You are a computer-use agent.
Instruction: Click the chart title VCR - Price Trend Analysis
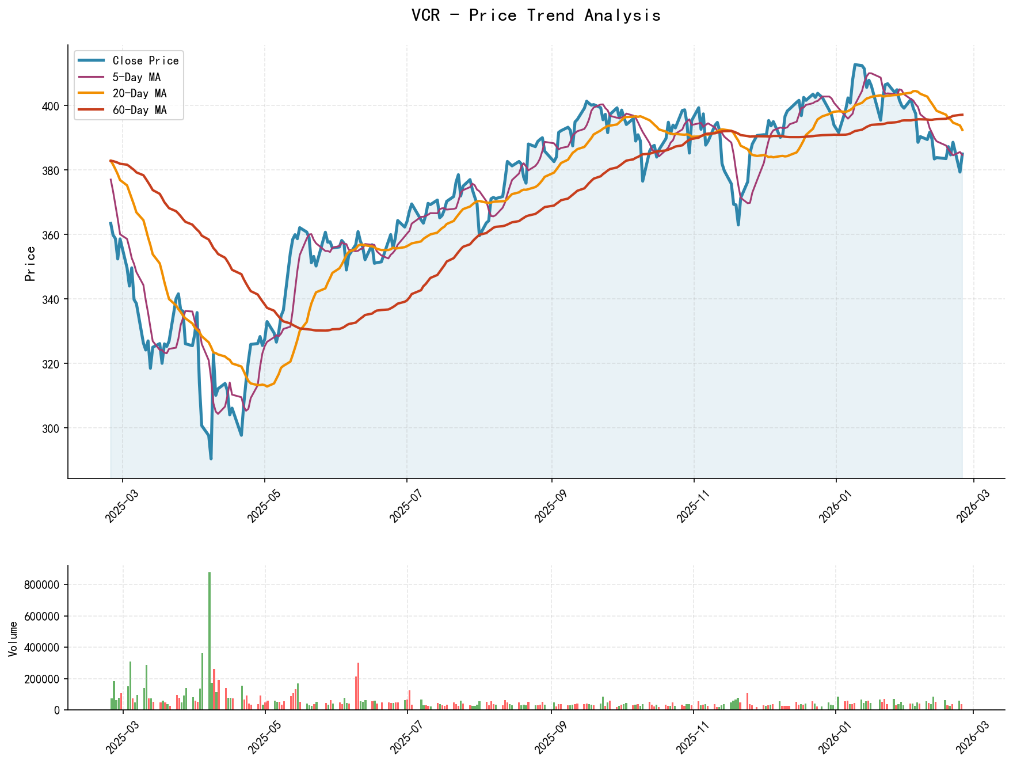[536, 16]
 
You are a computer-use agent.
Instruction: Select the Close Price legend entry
[145, 60]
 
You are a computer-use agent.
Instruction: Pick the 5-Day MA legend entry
[136, 77]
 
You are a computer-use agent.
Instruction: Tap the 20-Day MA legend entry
[139, 93]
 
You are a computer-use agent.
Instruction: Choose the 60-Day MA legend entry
[139, 110]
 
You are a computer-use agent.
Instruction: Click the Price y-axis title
[31, 264]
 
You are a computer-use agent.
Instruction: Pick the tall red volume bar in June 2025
[359, 686]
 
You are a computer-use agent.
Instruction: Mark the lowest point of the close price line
[211, 458]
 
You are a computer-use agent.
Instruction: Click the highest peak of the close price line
[855, 64]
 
